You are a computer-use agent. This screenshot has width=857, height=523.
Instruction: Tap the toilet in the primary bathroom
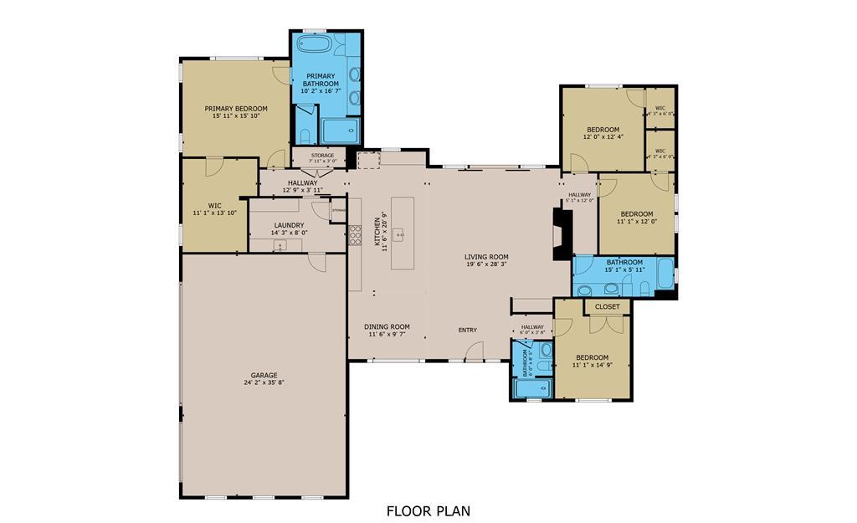[x=305, y=136]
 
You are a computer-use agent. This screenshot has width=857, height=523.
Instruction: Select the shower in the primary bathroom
[x=341, y=131]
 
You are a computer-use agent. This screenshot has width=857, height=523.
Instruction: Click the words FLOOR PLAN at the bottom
[x=428, y=510]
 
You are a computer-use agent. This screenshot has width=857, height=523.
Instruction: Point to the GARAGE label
[x=264, y=376]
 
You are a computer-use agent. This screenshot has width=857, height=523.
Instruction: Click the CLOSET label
[x=608, y=307]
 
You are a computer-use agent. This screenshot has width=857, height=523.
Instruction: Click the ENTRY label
[x=467, y=330]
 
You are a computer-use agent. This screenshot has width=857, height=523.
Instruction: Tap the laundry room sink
[x=280, y=245]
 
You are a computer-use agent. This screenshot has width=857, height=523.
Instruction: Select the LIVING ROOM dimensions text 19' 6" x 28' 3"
[x=487, y=264]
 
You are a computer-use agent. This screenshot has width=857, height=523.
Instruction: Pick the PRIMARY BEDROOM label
[x=236, y=109]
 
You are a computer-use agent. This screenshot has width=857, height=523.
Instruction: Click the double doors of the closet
[x=608, y=322]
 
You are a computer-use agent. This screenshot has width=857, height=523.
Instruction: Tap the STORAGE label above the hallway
[x=322, y=156]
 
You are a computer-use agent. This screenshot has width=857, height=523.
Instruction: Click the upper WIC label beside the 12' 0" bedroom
[x=660, y=108]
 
